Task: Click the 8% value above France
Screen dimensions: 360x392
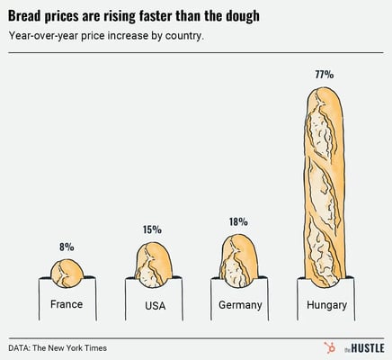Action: click(67, 247)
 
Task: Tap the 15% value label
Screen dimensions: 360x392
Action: click(152, 230)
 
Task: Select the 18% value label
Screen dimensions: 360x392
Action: click(238, 221)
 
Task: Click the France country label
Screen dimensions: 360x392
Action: click(67, 304)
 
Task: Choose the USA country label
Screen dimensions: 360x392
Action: click(154, 306)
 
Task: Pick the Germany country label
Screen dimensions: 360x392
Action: click(240, 305)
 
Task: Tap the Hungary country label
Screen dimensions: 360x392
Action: click(326, 305)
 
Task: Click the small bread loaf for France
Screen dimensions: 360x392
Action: click(67, 270)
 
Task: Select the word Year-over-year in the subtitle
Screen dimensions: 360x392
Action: click(45, 37)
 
